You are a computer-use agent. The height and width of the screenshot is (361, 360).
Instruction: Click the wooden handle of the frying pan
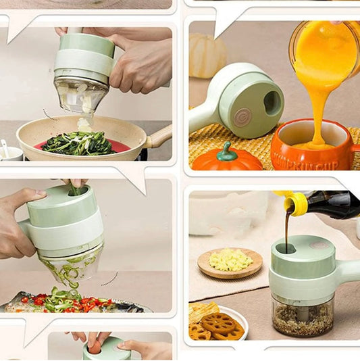tap(159, 137)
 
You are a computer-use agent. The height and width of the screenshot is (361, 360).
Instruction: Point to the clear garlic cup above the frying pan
tap(81, 95)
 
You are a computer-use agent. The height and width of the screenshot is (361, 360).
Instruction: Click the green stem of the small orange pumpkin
tap(228, 147)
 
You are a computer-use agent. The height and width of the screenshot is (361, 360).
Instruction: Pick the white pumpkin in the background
tap(206, 55)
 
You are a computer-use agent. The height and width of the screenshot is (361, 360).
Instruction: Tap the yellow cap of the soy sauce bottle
tap(296, 203)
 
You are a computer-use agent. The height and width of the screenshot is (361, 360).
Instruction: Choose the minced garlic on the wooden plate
tap(230, 260)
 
